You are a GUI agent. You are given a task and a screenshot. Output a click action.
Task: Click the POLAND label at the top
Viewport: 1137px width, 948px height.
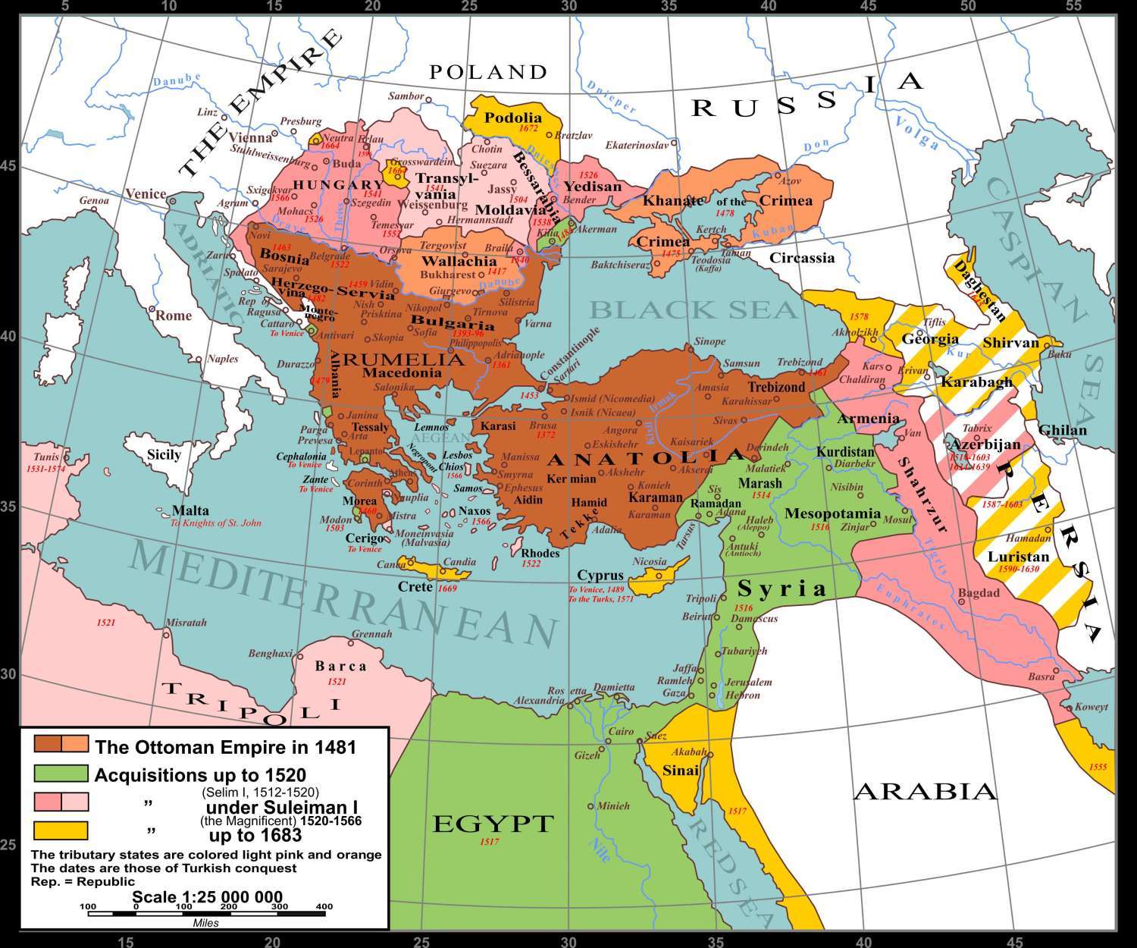pyautogui.click(x=488, y=72)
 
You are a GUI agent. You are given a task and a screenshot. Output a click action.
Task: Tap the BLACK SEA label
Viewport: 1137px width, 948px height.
pyautogui.click(x=694, y=309)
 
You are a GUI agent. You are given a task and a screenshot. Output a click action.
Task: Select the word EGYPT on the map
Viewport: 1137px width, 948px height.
pyautogui.click(x=493, y=824)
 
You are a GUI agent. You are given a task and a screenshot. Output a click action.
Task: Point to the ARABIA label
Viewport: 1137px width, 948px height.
pyautogui.click(x=925, y=792)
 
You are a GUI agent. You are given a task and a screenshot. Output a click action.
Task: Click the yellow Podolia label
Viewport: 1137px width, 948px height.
pyautogui.click(x=513, y=118)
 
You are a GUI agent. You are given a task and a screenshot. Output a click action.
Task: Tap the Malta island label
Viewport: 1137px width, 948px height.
pyautogui.click(x=190, y=510)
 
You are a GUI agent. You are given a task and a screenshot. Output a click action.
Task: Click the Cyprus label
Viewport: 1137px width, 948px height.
pyautogui.click(x=600, y=576)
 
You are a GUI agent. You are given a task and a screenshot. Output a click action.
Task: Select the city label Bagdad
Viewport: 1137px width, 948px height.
pyautogui.click(x=979, y=592)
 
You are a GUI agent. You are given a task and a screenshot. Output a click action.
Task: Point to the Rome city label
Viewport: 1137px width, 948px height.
pyautogui.click(x=174, y=315)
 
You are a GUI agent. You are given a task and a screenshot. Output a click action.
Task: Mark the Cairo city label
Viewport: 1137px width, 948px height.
pyautogui.click(x=621, y=732)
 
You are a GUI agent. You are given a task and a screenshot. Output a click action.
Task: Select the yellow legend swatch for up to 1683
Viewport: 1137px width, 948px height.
pyautogui.click(x=61, y=830)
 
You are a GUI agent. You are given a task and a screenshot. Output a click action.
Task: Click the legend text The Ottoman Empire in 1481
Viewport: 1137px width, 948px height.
pyautogui.click(x=225, y=746)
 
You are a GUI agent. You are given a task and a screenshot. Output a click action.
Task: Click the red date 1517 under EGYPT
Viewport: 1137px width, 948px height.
pyautogui.click(x=489, y=842)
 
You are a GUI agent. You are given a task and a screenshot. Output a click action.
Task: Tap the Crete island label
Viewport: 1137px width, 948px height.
pyautogui.click(x=415, y=587)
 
